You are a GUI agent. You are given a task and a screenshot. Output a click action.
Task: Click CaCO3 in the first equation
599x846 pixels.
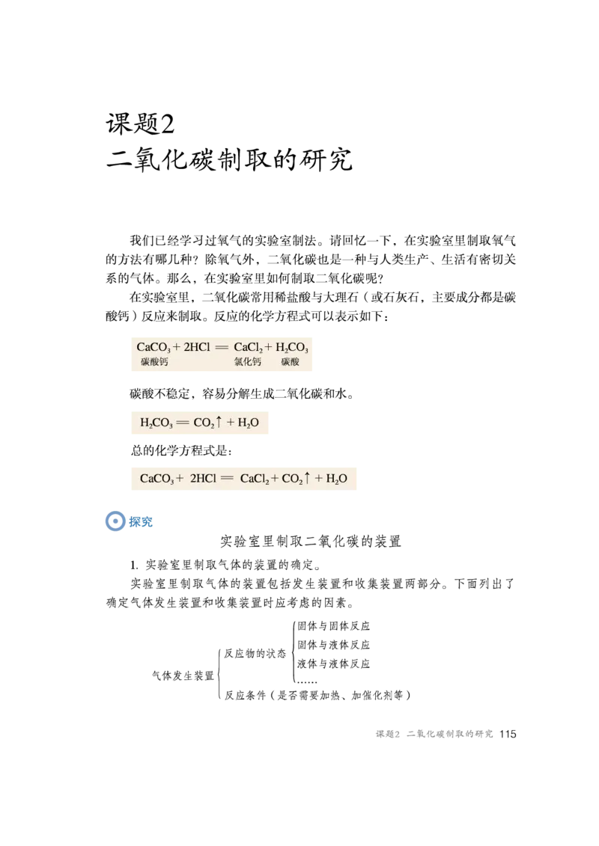pyautogui.click(x=154, y=348)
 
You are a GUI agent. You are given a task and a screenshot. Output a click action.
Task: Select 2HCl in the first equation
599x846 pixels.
pyautogui.click(x=197, y=348)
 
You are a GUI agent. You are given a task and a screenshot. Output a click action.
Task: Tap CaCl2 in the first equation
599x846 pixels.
pyautogui.click(x=248, y=348)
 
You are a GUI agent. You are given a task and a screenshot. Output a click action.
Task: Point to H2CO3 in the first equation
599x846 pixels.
pyautogui.click(x=292, y=348)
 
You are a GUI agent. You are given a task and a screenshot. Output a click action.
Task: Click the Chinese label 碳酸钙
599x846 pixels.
pyautogui.click(x=154, y=362)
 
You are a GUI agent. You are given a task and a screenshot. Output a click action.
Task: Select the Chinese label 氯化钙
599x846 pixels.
pyautogui.click(x=247, y=362)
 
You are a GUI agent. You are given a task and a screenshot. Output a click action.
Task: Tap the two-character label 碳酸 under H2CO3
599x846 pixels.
pyautogui.click(x=291, y=362)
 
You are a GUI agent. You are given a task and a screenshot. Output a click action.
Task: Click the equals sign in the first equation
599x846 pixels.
pyautogui.click(x=221, y=348)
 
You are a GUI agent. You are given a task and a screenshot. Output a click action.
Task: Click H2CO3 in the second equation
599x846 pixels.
pyautogui.click(x=156, y=423)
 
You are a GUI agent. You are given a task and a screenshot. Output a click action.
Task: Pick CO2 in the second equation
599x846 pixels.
pyautogui.click(x=204, y=423)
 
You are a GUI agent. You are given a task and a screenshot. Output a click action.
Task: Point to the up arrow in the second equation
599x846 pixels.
pyautogui.click(x=219, y=422)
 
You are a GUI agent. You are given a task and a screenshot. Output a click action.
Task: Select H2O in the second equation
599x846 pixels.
pyautogui.click(x=249, y=423)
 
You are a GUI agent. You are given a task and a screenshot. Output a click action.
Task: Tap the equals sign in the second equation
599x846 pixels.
pyautogui.click(x=183, y=423)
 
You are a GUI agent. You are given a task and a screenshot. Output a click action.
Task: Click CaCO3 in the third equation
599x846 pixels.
pyautogui.click(x=157, y=479)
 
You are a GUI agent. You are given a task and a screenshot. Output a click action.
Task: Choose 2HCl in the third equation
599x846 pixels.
pyautogui.click(x=203, y=479)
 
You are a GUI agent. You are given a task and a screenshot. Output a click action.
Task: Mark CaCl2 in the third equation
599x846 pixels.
pyautogui.click(x=254, y=479)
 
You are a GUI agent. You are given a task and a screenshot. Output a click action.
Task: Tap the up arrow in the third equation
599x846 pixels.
pyautogui.click(x=307, y=478)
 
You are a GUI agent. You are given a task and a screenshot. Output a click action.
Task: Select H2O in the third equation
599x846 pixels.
pyautogui.click(x=337, y=479)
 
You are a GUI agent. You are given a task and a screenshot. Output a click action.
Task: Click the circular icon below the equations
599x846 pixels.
pyautogui.click(x=115, y=521)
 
